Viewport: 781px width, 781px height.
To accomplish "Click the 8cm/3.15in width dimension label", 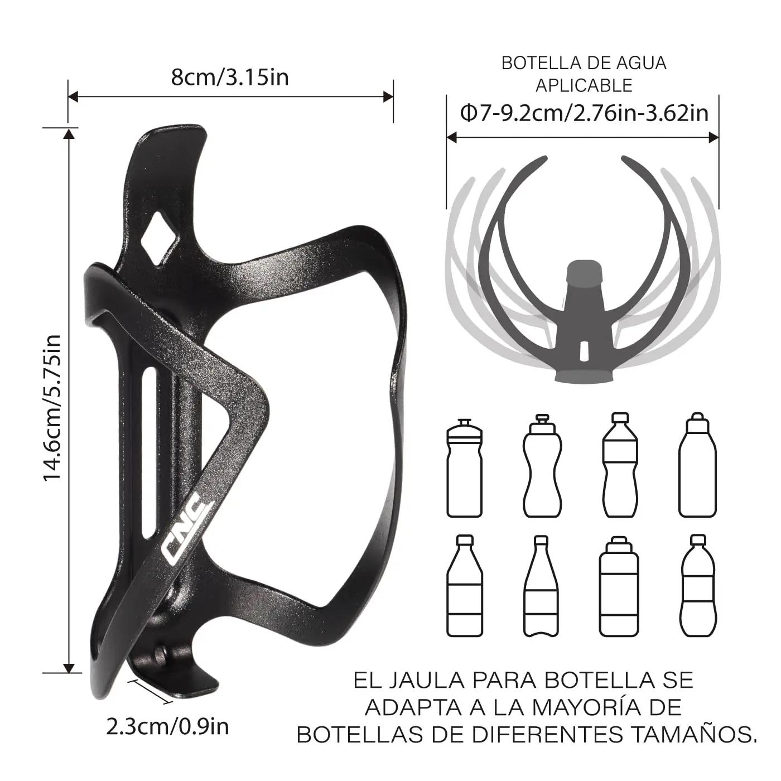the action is [x=230, y=77].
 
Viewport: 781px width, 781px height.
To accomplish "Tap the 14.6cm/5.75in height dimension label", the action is [x=52, y=408].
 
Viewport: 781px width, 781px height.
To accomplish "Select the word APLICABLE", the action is [x=584, y=85].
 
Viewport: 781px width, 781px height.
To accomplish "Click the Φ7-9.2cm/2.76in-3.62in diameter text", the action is [x=585, y=113].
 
